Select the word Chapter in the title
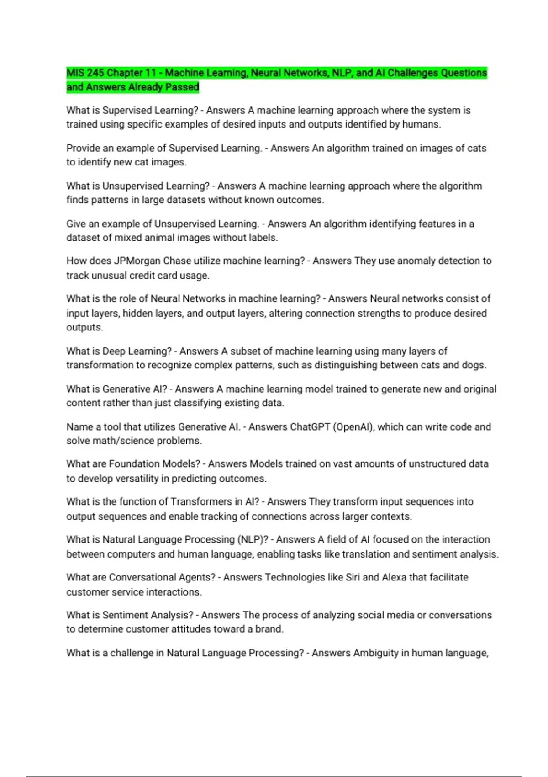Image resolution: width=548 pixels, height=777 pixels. pyautogui.click(x=125, y=73)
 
